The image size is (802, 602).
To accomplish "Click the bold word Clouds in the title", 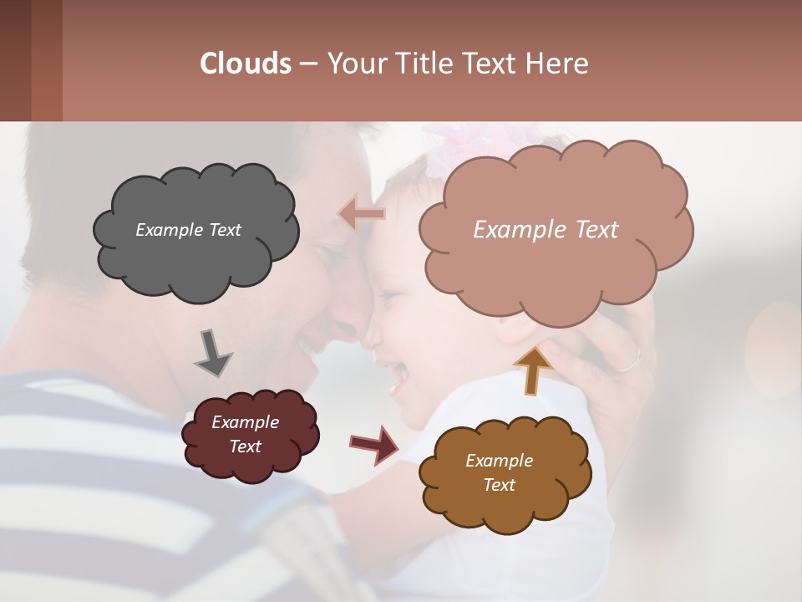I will pyautogui.click(x=245, y=64).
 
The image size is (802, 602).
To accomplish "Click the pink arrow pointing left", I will pyautogui.click(x=362, y=214).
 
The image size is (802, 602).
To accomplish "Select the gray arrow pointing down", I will pyautogui.click(x=212, y=352).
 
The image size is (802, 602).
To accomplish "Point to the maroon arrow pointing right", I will pyautogui.click(x=373, y=444).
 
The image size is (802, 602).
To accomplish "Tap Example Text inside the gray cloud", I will pyautogui.click(x=188, y=230).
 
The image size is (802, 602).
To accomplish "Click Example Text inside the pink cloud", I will pyautogui.click(x=546, y=230).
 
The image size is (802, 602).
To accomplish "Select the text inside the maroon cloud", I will pyautogui.click(x=245, y=434).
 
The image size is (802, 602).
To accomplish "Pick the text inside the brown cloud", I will pyautogui.click(x=499, y=472).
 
